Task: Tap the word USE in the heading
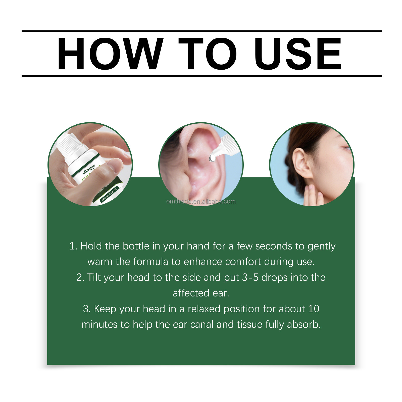[298, 54]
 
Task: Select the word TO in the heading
[208, 54]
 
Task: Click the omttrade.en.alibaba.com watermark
[201, 202]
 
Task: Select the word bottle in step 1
[136, 246]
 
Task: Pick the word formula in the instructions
[150, 262]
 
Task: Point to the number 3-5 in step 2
[250, 278]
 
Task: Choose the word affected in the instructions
[191, 293]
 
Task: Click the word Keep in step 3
[104, 309]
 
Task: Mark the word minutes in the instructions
[99, 325]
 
